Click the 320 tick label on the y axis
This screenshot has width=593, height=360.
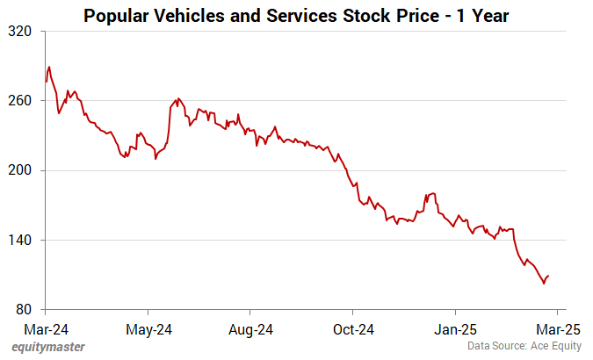click(x=20, y=31)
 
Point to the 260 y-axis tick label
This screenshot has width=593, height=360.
click(x=20, y=100)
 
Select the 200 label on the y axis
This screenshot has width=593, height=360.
click(x=20, y=170)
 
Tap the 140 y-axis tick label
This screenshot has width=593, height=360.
click(x=20, y=240)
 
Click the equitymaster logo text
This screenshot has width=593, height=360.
click(x=48, y=347)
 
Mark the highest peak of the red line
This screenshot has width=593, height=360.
click(x=49, y=67)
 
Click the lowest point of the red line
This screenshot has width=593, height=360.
click(x=544, y=284)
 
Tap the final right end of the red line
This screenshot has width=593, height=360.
click(x=548, y=276)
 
